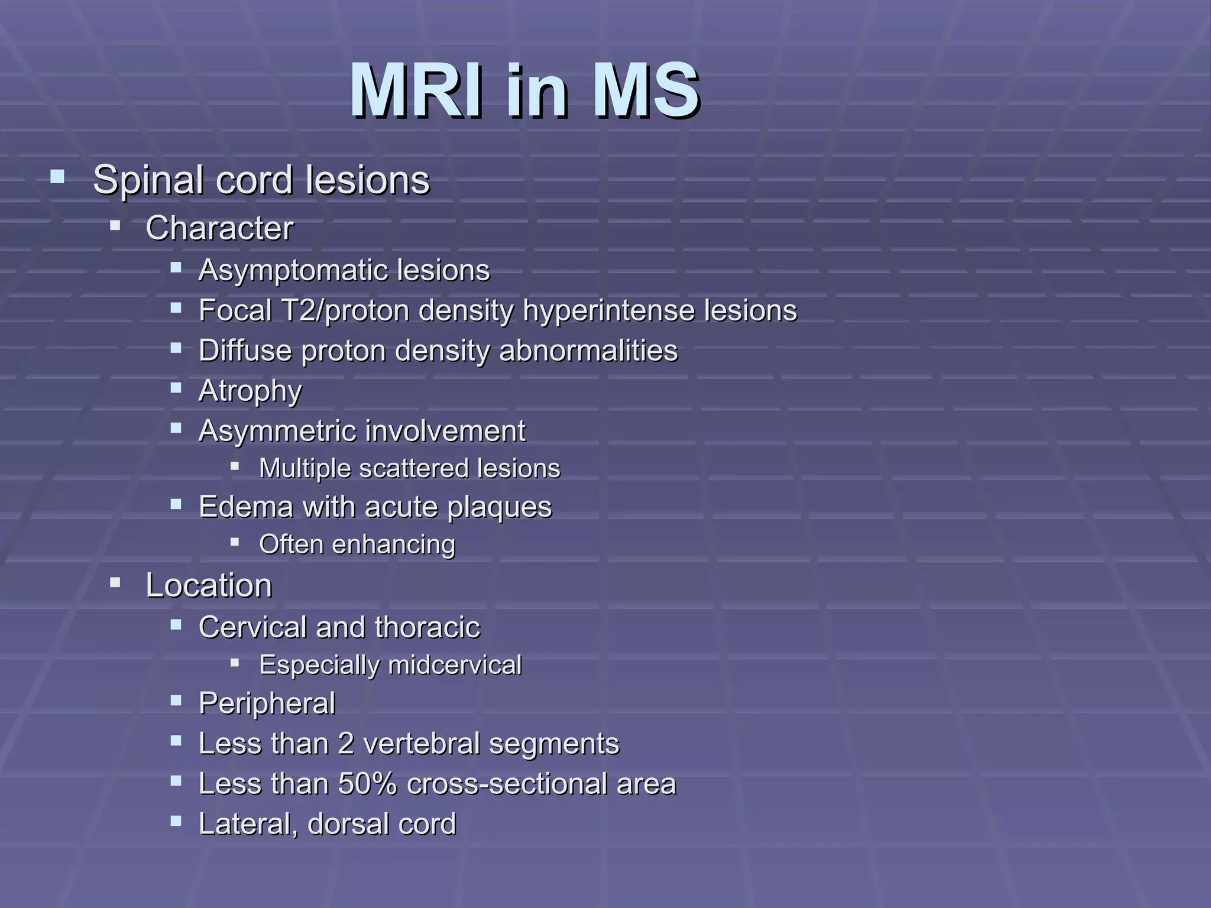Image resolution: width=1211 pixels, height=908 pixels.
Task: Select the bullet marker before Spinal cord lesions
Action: (57, 176)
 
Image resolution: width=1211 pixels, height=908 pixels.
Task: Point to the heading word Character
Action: (219, 228)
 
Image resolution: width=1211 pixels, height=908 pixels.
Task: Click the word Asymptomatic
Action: (293, 271)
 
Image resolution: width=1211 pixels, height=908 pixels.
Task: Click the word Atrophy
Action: (250, 391)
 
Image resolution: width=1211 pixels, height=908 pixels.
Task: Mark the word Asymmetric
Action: (279, 430)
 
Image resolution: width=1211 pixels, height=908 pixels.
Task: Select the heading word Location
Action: (209, 586)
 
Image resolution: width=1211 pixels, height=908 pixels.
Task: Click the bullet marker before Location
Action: (115, 583)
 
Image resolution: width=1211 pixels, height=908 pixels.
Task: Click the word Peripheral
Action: (267, 703)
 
